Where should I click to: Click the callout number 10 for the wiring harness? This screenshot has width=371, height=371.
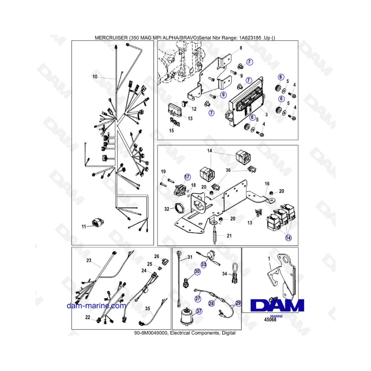tap(95, 77)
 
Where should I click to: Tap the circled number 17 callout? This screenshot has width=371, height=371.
tap(187, 177)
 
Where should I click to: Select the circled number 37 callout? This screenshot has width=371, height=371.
tap(199, 311)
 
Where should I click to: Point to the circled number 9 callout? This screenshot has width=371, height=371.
tap(223, 95)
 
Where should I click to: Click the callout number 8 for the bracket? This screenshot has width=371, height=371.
tap(241, 48)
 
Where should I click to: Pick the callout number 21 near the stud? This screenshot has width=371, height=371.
tap(229, 236)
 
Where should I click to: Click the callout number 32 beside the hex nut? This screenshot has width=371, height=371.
tap(167, 209)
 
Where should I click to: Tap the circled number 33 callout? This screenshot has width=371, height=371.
tap(204, 264)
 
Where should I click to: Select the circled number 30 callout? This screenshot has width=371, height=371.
tap(197, 272)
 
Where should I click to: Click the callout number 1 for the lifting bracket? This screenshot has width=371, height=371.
tap(269, 259)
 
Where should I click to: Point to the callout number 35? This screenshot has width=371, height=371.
tap(148, 308)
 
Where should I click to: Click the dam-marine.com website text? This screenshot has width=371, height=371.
tap(96, 306)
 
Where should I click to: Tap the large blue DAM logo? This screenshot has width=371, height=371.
tap(277, 305)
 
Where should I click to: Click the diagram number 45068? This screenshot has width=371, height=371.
tap(270, 319)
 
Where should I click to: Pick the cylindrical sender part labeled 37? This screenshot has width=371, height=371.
tap(186, 317)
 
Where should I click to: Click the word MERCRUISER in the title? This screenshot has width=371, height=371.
tap(111, 38)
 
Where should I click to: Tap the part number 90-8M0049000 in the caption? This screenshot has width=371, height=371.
tap(151, 333)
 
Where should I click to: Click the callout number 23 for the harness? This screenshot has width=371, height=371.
tap(89, 260)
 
